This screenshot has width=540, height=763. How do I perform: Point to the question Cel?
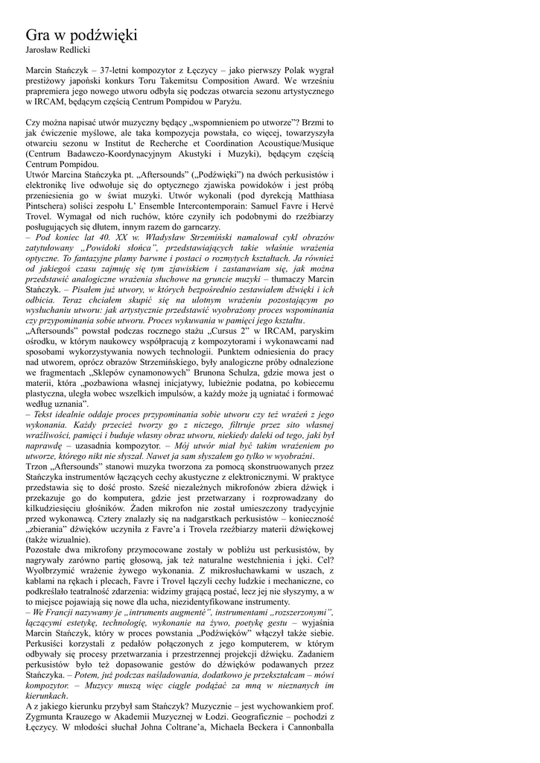325,560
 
